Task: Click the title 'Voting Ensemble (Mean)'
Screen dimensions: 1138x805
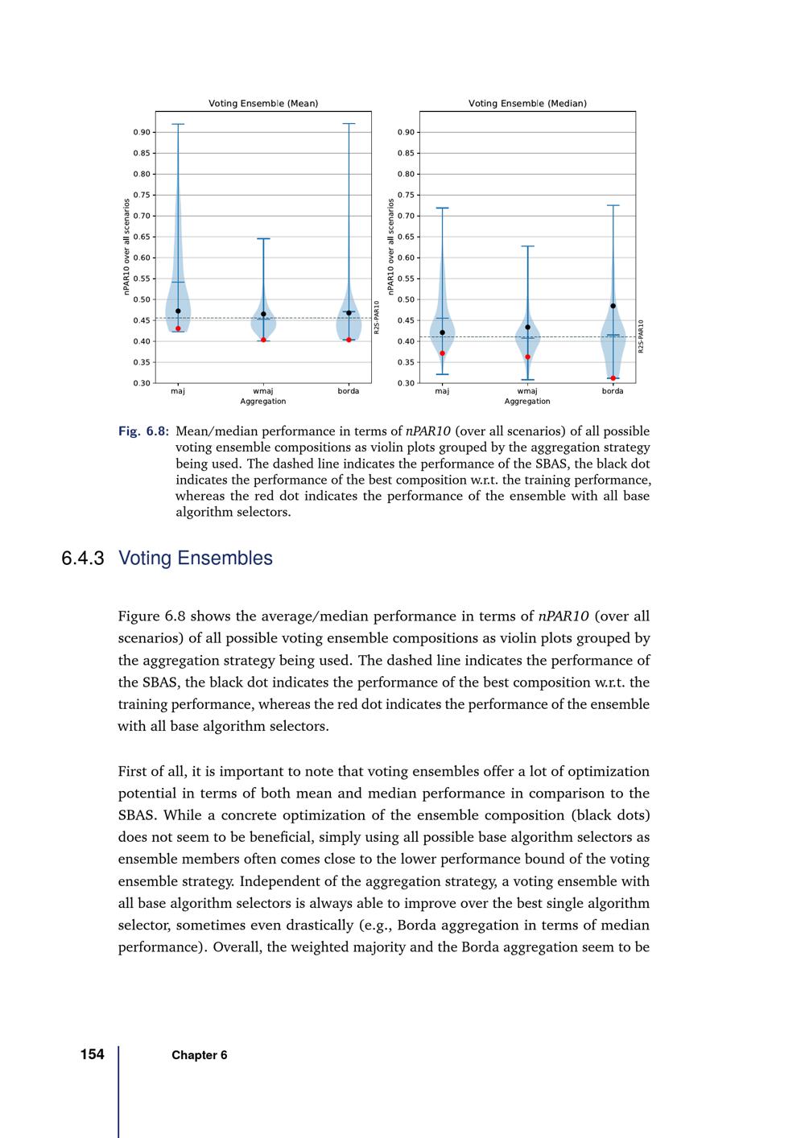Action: [263, 103]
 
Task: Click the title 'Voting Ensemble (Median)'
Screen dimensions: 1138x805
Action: [527, 103]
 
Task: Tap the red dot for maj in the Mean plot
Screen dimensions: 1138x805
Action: [178, 328]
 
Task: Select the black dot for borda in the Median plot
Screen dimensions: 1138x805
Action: [613, 306]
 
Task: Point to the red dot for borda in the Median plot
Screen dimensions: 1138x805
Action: [613, 378]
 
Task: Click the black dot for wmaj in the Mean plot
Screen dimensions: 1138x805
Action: [263, 314]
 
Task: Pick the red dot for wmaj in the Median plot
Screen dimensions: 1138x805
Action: [527, 357]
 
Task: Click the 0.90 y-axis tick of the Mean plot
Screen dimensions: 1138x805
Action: [142, 132]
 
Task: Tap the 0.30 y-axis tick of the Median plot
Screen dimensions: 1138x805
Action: [406, 383]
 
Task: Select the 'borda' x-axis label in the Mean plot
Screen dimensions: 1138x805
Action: [349, 391]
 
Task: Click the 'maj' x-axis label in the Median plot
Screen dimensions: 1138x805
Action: [442, 391]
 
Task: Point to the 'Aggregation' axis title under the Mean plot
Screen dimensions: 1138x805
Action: [263, 401]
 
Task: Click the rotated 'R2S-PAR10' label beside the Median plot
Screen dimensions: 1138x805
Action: [642, 336]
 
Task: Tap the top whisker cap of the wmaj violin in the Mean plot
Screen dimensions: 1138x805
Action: [263, 239]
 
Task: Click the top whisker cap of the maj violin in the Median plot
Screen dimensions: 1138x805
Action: [442, 208]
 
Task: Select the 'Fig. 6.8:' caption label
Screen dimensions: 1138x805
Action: [143, 431]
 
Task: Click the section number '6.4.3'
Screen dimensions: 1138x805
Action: [83, 559]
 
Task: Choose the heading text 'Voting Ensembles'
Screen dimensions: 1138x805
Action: [196, 559]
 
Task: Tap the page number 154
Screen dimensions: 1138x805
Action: [93, 1054]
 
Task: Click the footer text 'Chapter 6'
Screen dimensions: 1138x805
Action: [199, 1055]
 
